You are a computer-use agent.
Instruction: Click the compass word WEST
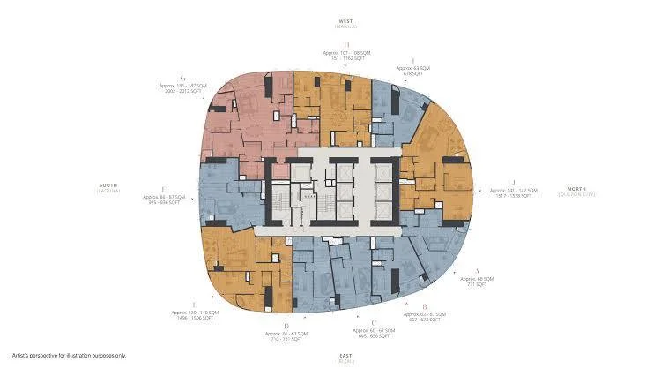coord(345,20)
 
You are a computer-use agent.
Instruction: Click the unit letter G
coord(181,79)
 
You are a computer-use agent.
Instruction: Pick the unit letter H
coord(346,44)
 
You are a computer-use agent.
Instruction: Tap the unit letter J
coord(512,182)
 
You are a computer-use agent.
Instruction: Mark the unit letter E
coord(193,304)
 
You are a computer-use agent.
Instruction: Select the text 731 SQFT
coord(477,284)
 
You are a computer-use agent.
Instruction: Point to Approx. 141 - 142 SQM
coord(512,190)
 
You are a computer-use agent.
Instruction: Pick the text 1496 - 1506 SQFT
coord(193,318)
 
